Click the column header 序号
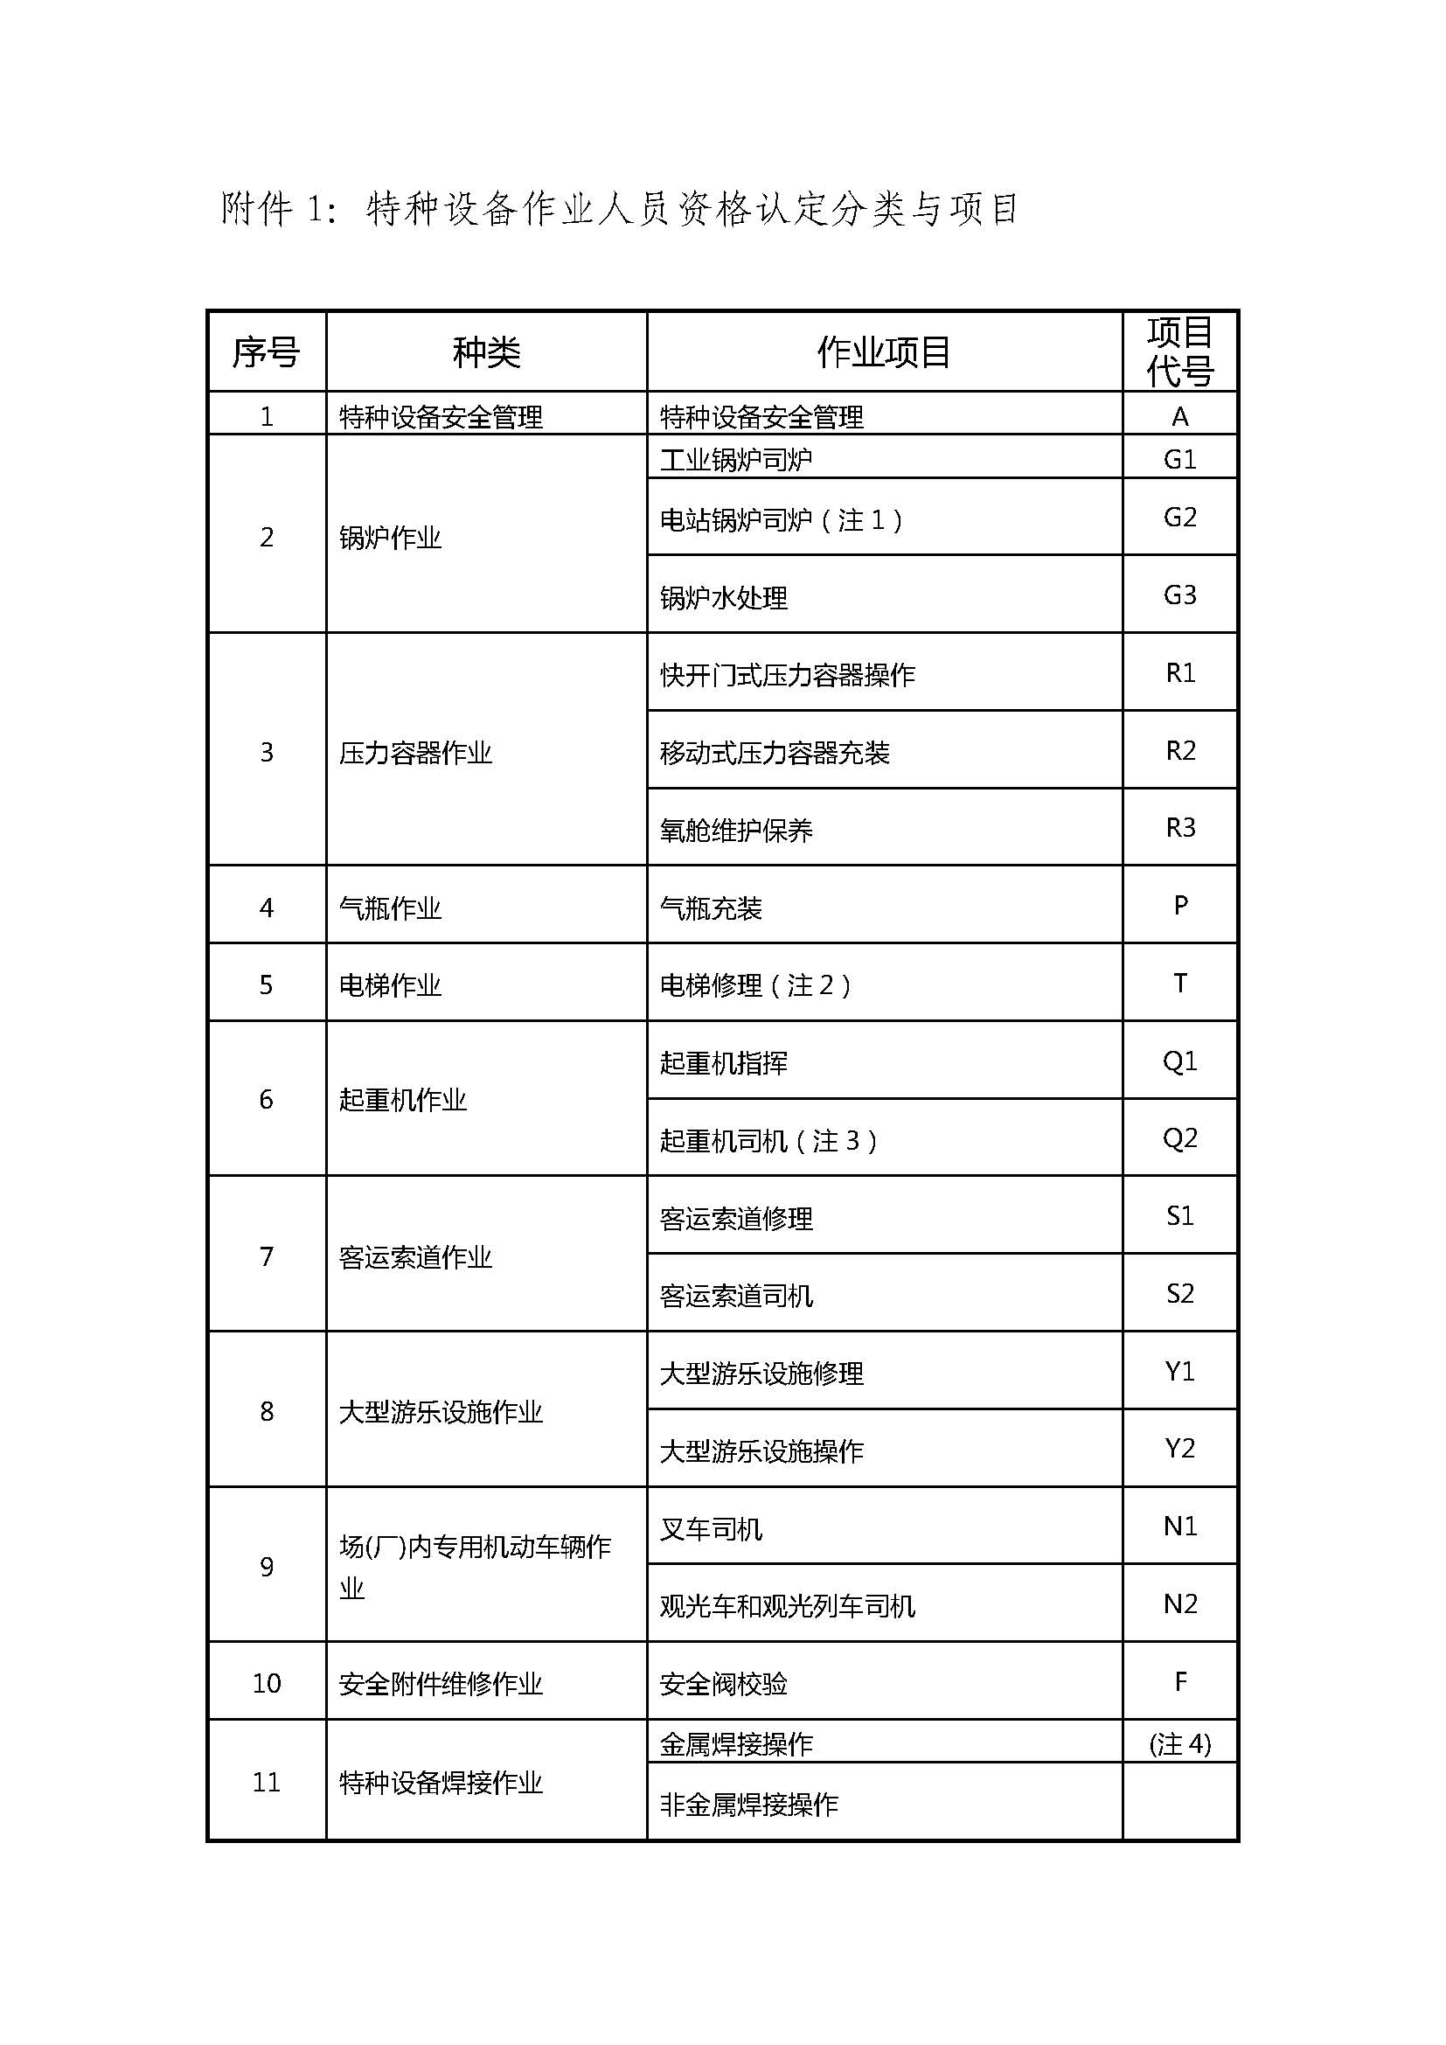tap(266, 352)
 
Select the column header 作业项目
tap(883, 352)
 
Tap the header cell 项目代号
tap(1179, 351)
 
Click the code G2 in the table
tap(1179, 518)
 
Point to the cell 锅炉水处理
tap(723, 598)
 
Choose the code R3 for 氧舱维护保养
tap(1179, 828)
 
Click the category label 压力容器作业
tap(415, 754)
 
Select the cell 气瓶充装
tap(711, 908)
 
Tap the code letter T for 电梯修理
tap(1179, 984)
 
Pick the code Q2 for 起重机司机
tap(1179, 1138)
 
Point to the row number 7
tap(267, 1256)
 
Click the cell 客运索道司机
tap(735, 1296)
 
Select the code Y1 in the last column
tap(1179, 1372)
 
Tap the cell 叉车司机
tap(711, 1529)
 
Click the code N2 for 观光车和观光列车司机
tap(1179, 1604)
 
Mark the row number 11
tap(267, 1782)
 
